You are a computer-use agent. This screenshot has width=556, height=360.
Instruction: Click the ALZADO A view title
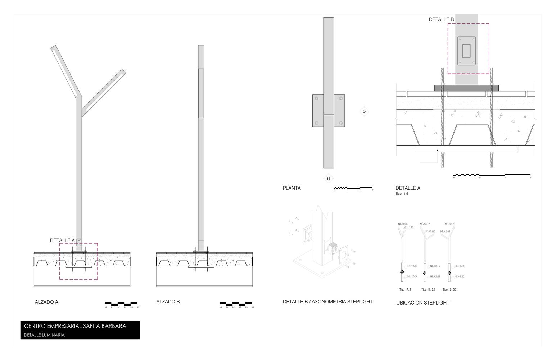[x=46, y=302]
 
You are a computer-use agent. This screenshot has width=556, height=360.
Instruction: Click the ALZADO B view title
[x=168, y=302]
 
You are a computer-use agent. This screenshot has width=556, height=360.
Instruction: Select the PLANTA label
[x=291, y=188]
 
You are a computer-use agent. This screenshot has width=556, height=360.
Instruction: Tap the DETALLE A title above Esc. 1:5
[x=408, y=188]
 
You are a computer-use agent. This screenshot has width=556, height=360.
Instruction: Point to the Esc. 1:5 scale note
[x=402, y=194]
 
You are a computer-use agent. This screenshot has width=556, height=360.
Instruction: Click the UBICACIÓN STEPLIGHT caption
[x=422, y=303]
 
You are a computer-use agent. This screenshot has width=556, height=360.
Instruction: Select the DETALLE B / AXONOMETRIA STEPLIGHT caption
[x=327, y=302]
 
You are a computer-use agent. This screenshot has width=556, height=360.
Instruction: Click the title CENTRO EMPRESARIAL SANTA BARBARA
[x=75, y=326]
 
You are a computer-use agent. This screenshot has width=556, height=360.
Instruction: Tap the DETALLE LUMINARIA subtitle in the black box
[x=44, y=335]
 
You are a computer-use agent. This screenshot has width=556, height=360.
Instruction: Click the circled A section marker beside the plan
[x=364, y=112]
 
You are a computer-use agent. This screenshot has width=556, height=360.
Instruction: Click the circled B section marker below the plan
[x=328, y=178]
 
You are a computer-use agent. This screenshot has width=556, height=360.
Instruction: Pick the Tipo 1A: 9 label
[x=405, y=289]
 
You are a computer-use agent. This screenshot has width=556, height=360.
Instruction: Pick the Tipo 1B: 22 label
[x=428, y=289]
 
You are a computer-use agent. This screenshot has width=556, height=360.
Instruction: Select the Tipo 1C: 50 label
[x=449, y=289]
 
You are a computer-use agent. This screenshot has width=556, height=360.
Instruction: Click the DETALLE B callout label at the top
[x=441, y=19]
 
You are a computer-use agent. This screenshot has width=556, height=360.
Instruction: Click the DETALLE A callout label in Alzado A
[x=62, y=240]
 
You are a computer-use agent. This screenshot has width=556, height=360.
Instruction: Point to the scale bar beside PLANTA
[x=353, y=188]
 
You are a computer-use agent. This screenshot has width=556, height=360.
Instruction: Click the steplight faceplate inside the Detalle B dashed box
[x=466, y=51]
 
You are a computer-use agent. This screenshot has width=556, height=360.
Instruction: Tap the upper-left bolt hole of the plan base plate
[x=316, y=98]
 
